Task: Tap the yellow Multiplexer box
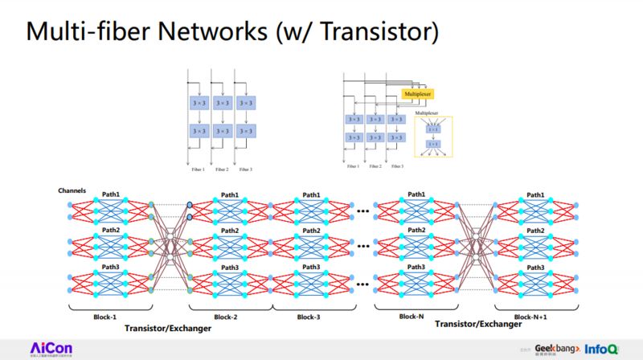(x=417, y=94)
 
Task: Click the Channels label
(x=72, y=190)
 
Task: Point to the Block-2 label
(x=230, y=317)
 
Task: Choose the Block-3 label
(x=309, y=317)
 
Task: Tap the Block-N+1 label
(x=536, y=317)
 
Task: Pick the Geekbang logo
(x=555, y=347)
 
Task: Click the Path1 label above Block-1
(x=111, y=194)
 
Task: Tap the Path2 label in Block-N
(x=416, y=231)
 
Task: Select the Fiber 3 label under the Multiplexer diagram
(x=395, y=167)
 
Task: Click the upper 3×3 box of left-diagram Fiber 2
(x=223, y=103)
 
